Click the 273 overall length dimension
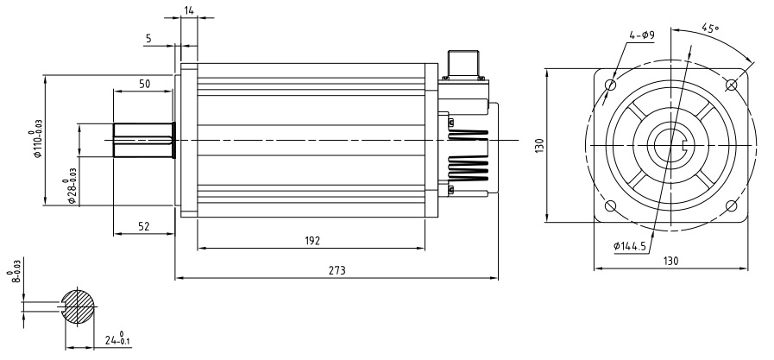pyautogui.click(x=337, y=270)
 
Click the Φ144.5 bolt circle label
pyautogui.click(x=632, y=247)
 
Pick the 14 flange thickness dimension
pyautogui.click(x=189, y=10)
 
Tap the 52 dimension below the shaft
pyautogui.click(x=143, y=225)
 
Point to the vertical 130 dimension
pyautogui.click(x=539, y=145)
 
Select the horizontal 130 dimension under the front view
pyautogui.click(x=670, y=261)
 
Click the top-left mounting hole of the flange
pyautogui.click(x=611, y=85)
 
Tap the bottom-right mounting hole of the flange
pyautogui.click(x=732, y=205)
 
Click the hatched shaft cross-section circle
pyautogui.click(x=80, y=306)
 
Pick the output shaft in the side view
pyautogui.click(x=144, y=140)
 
